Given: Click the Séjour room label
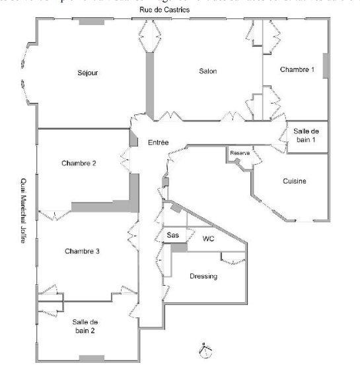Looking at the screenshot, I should click(88, 73).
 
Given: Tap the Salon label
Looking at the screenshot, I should click(208, 71).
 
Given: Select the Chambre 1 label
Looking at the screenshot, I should click(297, 69).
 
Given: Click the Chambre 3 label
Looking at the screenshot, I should click(83, 251).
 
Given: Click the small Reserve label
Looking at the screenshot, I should click(240, 153).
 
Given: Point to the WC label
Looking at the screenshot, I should click(208, 238).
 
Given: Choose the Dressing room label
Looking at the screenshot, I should click(203, 276).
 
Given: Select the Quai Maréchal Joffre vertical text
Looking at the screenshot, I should click(23, 210).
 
